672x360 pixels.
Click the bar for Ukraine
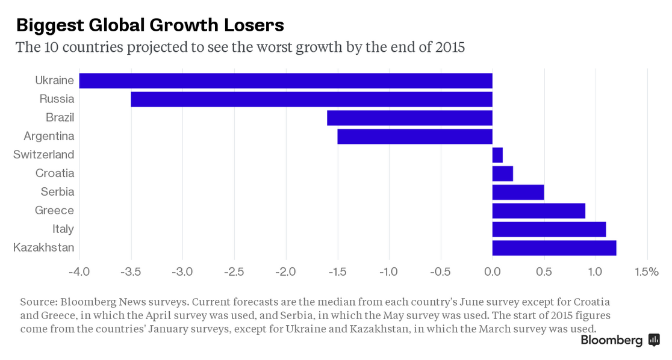click(285, 81)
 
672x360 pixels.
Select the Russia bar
click(311, 99)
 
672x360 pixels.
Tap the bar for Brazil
click(409, 118)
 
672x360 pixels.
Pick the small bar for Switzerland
click(497, 155)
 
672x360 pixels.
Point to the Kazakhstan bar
click(554, 248)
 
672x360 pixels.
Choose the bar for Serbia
click(518, 192)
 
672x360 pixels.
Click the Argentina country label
click(49, 136)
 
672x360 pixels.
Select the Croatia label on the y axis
click(55, 173)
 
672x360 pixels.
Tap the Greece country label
click(55, 211)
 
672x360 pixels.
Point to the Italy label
click(63, 229)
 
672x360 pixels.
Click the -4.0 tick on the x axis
click(79, 272)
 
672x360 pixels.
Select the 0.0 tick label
click(493, 272)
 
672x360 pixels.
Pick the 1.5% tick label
click(647, 272)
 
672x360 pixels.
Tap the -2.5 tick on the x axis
click(234, 272)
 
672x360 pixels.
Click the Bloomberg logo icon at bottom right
click(654, 340)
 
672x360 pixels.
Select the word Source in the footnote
click(37, 302)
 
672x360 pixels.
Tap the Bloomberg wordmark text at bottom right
click(611, 341)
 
